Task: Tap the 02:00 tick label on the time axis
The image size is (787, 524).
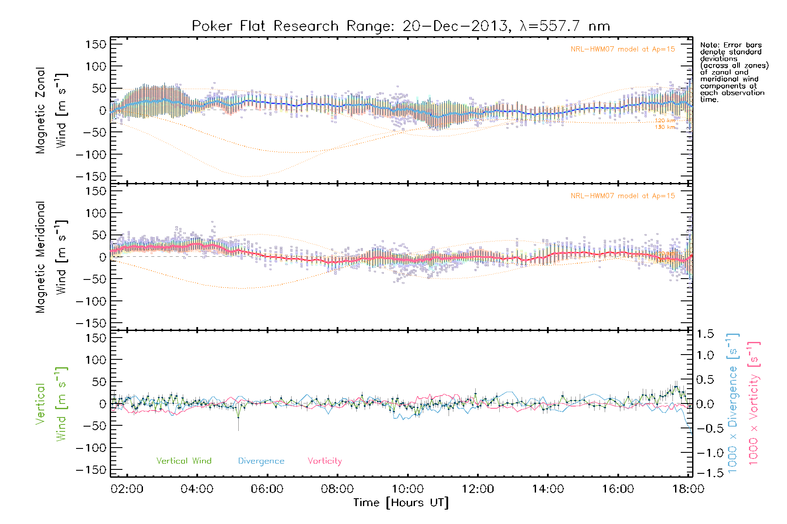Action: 127,489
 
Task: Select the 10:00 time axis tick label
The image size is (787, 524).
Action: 407,489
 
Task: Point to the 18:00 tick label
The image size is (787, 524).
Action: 688,489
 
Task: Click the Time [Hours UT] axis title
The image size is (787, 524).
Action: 401,503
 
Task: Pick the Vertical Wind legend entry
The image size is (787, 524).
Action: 184,461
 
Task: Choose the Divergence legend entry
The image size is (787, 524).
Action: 261,461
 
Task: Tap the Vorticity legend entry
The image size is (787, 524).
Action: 324,461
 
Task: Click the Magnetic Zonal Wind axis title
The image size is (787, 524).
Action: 51,110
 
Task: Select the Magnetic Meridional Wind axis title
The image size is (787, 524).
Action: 51,257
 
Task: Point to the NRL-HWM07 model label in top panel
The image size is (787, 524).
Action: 623,49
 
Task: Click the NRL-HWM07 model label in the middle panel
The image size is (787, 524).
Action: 623,196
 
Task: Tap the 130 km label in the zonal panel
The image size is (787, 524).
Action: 665,127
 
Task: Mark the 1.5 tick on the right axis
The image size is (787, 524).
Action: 705,334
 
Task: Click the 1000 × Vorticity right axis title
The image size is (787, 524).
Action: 753,403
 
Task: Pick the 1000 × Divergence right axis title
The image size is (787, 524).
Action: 732,403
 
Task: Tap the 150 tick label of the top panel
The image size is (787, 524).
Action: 96,44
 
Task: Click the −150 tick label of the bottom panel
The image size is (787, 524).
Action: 91,470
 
